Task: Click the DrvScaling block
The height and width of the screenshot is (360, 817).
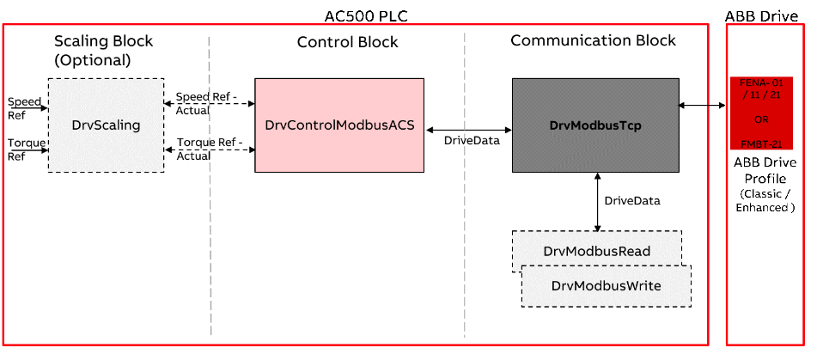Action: click(106, 125)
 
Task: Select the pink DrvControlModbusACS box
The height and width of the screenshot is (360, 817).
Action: click(339, 125)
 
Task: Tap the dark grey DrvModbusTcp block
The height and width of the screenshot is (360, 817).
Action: click(595, 125)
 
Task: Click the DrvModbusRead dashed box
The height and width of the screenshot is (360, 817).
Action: click(596, 251)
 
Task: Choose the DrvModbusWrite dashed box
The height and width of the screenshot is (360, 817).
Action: click(606, 285)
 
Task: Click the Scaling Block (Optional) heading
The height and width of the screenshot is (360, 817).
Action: click(103, 51)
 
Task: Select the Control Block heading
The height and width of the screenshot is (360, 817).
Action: click(347, 42)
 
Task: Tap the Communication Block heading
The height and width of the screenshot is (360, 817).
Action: click(593, 40)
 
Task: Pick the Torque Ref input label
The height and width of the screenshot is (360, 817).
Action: click(26, 149)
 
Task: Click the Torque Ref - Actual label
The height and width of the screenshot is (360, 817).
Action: click(209, 149)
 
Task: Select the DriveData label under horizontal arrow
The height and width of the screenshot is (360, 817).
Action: click(472, 141)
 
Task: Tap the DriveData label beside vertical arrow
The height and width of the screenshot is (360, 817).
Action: click(632, 200)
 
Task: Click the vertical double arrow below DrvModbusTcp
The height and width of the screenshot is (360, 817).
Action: click(597, 201)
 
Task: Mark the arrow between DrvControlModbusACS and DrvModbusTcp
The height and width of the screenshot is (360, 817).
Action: click(468, 130)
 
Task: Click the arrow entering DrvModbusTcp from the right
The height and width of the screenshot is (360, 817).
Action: click(693, 105)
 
